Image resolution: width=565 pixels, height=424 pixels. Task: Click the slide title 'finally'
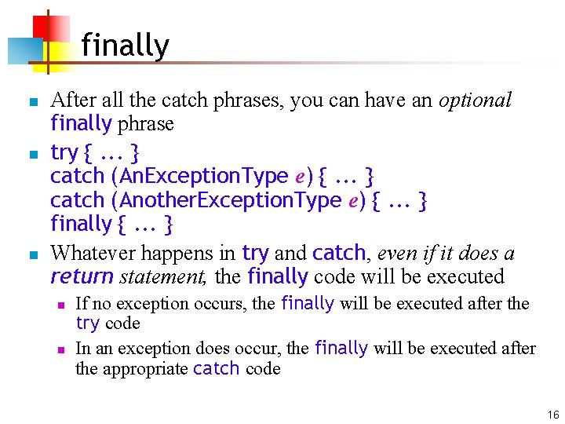pos(125,46)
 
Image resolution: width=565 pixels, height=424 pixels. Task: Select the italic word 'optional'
pos(475,100)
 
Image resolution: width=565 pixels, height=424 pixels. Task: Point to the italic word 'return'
pos(82,276)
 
